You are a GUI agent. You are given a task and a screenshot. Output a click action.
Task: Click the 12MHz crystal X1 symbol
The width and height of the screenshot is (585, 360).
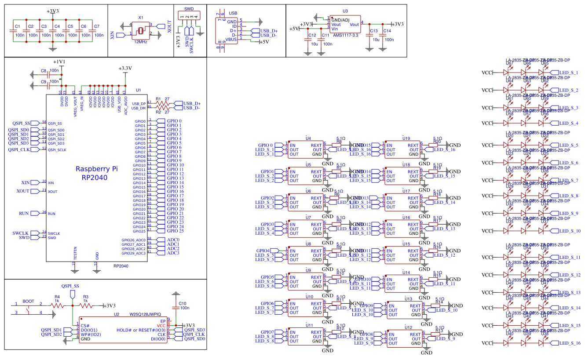coord(140,30)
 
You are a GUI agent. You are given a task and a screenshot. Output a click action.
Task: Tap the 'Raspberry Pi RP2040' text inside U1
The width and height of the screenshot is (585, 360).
coord(97,173)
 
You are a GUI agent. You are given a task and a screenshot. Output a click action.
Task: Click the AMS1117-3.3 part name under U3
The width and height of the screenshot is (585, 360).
coord(345,35)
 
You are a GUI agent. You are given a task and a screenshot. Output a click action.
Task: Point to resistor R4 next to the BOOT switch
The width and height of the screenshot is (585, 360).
coord(57,305)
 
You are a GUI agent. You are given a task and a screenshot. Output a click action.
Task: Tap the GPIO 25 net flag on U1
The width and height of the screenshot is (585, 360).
coord(174,231)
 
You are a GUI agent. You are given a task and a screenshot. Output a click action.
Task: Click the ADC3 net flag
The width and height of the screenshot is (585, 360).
coord(172,253)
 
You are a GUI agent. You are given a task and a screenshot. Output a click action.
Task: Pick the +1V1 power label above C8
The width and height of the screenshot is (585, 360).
coord(59,62)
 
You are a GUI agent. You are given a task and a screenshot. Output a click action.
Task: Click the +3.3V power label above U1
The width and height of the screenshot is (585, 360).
coord(125,69)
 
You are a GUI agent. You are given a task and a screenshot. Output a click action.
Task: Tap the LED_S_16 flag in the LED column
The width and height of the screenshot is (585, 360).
coord(569,343)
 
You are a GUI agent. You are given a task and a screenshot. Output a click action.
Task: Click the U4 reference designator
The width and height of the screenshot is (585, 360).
coord(308,138)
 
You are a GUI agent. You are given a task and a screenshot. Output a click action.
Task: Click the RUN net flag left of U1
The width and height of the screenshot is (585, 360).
coord(24,213)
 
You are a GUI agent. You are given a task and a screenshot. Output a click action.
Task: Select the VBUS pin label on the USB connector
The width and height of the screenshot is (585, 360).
coord(231,40)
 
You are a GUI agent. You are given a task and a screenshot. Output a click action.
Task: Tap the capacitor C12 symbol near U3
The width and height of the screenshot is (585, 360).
coord(307,40)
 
